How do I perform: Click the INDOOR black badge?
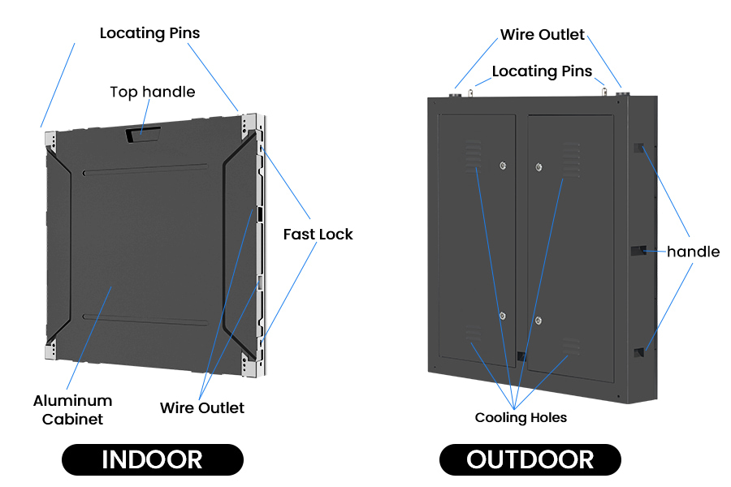coord(152,459)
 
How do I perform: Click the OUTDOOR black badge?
coord(530,459)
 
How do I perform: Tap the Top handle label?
coord(153,92)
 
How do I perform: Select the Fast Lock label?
coord(318,235)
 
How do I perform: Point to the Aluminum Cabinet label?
coord(72,410)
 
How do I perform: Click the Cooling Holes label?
coord(521,418)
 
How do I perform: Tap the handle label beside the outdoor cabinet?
coord(693,252)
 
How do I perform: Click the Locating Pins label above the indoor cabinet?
coord(149,33)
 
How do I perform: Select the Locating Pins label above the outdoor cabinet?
coord(542,71)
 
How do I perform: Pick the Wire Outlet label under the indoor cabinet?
coord(201,407)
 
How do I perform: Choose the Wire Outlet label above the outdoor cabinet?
coord(542,35)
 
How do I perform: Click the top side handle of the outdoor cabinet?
coord(639,149)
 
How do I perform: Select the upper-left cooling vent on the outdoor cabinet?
coord(473,157)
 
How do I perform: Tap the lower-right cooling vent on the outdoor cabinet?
coord(571,346)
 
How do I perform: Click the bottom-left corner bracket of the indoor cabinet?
coord(50,351)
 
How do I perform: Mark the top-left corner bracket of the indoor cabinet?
coord(50,140)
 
